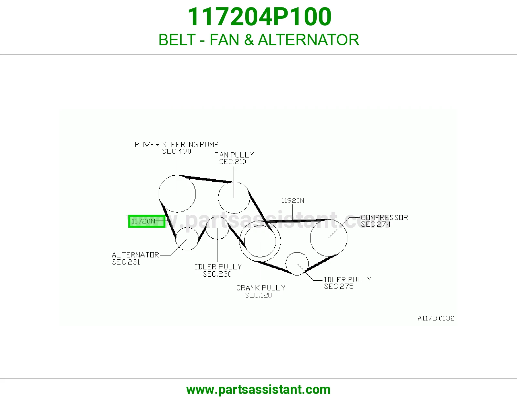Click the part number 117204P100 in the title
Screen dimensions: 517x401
tap(259, 17)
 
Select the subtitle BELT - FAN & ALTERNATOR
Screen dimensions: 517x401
tap(259, 40)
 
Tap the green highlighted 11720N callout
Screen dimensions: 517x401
tap(147, 221)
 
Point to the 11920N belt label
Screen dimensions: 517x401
tap(293, 201)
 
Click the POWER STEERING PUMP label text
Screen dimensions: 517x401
tap(176, 145)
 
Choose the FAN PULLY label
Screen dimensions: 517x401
tap(234, 155)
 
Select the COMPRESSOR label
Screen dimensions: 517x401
tap(384, 217)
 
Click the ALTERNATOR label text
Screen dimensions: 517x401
tap(135, 255)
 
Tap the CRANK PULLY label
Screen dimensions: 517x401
tap(260, 288)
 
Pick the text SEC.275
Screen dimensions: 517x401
tap(339, 286)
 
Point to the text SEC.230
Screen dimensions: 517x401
tap(217, 274)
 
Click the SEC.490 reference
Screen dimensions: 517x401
tap(176, 151)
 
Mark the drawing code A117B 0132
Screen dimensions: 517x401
tap(436, 318)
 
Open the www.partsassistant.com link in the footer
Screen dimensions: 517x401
tap(258, 390)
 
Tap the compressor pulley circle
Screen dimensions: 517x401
tap(347, 238)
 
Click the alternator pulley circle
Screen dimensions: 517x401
tap(198, 239)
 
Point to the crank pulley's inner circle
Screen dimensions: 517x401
tap(276, 241)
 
